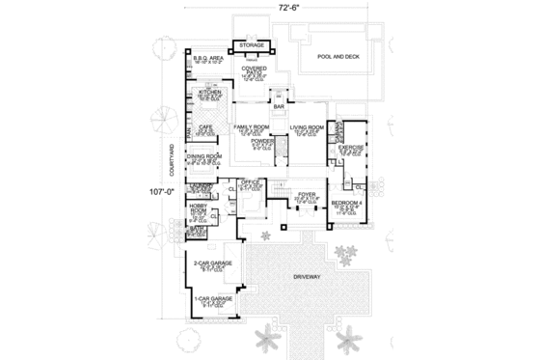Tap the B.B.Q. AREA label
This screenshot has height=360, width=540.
(x=207, y=58)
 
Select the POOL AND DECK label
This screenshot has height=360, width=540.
(x=337, y=56)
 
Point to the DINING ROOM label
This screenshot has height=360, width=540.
(x=206, y=155)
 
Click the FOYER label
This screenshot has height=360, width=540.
(x=307, y=194)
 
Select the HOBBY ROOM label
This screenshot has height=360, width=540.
(x=200, y=207)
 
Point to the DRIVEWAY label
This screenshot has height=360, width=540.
(x=309, y=277)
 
